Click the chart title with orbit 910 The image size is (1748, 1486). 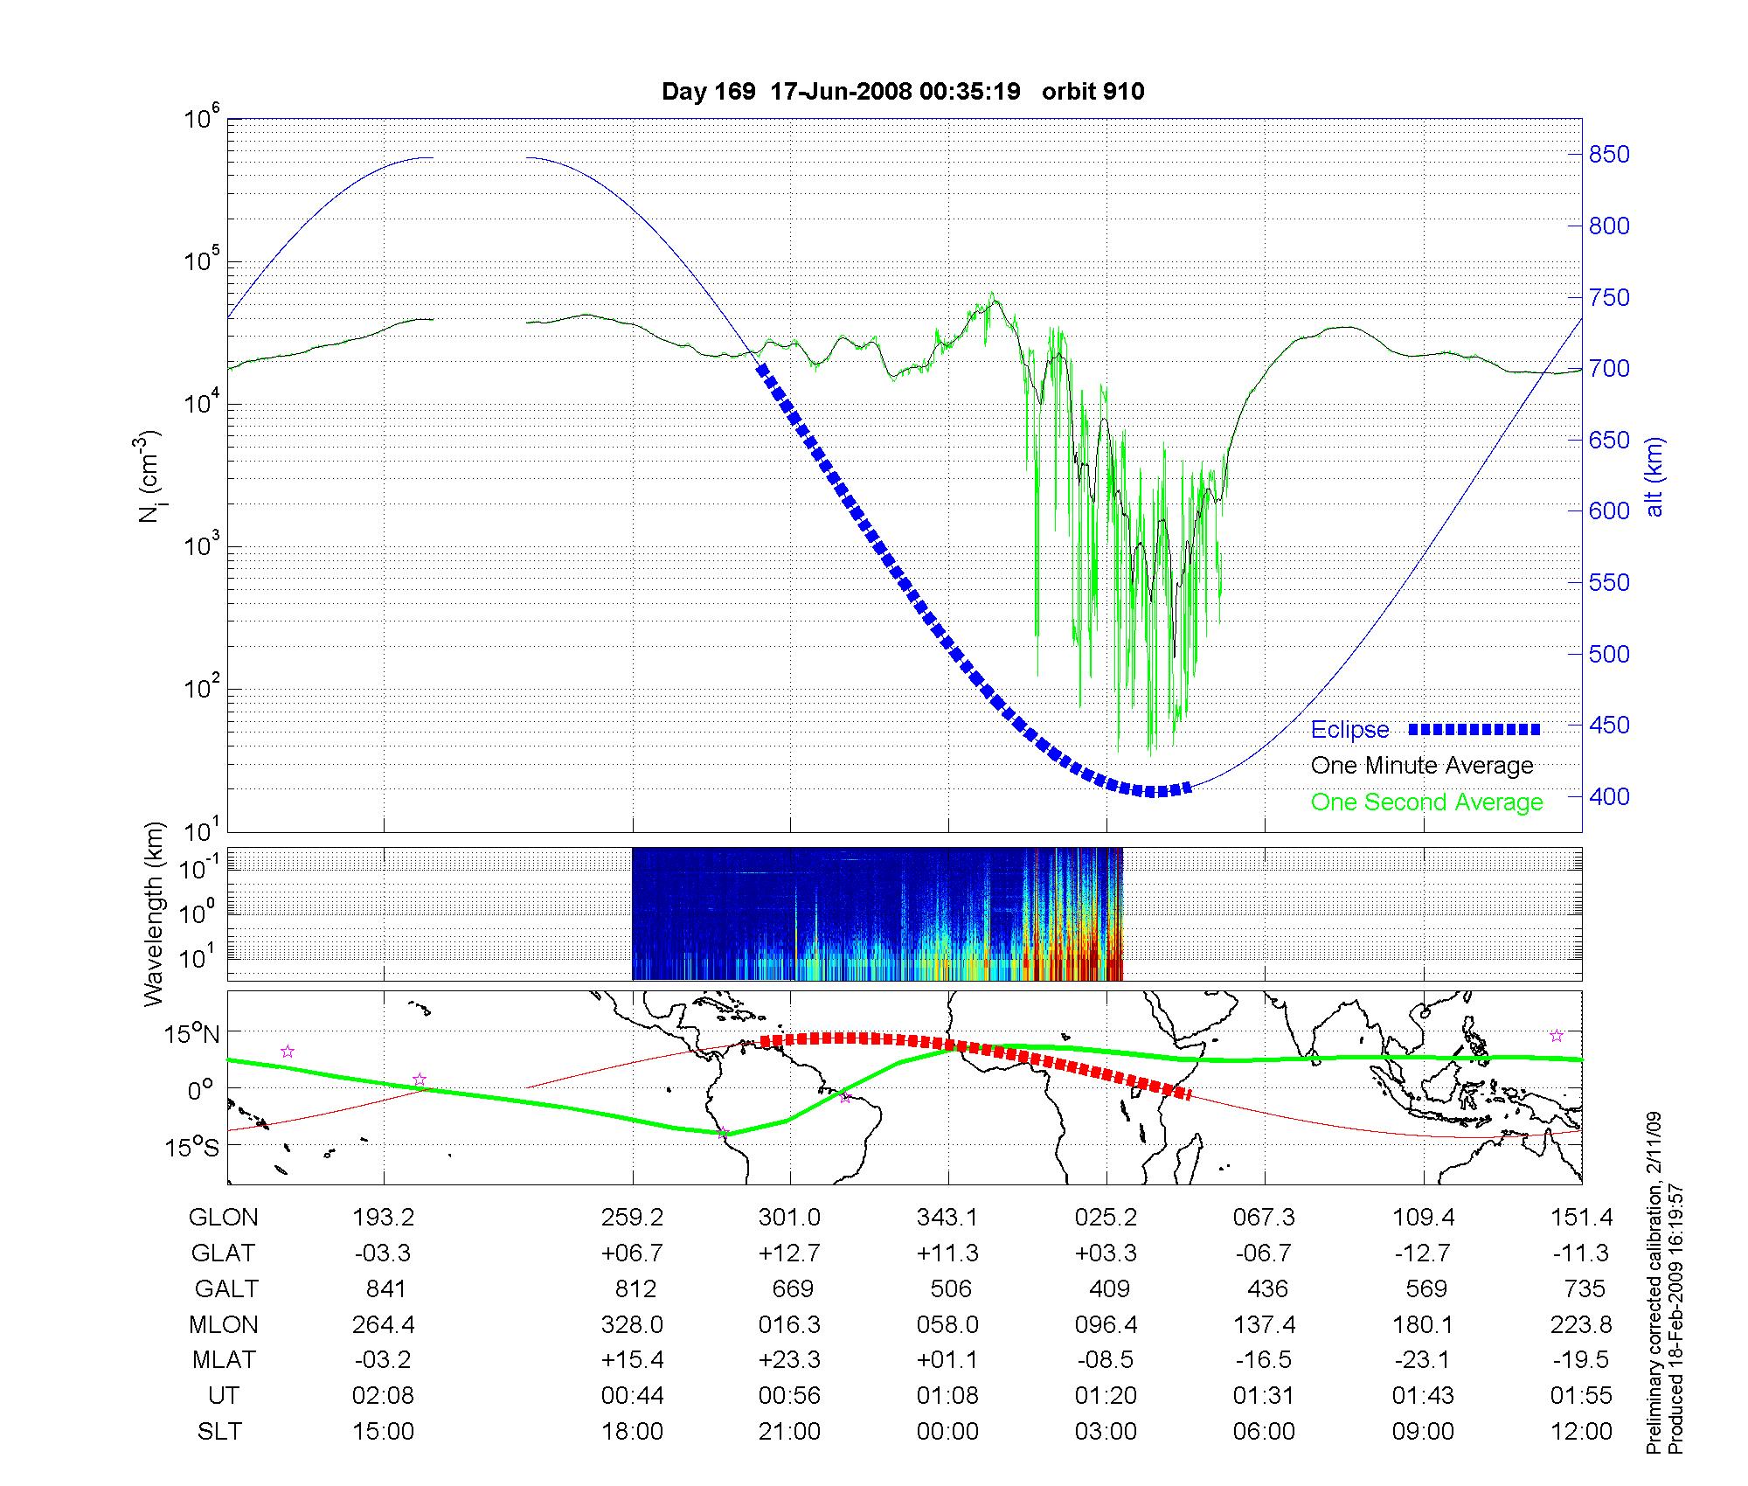(x=903, y=92)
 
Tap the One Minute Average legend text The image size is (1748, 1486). (x=1422, y=766)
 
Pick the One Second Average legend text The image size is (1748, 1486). (x=1426, y=802)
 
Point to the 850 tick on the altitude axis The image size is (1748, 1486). (x=1609, y=155)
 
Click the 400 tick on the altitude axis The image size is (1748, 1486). (x=1609, y=796)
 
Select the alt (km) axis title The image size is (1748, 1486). (x=1654, y=476)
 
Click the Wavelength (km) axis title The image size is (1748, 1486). (x=155, y=914)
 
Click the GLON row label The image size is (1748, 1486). (x=224, y=1218)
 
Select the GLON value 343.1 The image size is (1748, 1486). (x=947, y=1218)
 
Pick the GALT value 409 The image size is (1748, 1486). (x=1109, y=1289)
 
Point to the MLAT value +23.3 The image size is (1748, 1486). (x=789, y=1360)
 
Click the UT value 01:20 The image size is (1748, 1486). (x=1106, y=1396)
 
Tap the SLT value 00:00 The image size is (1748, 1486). (x=947, y=1432)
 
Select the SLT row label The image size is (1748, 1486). (x=219, y=1432)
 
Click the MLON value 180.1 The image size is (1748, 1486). (x=1423, y=1325)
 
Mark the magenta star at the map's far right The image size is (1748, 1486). (x=1556, y=1036)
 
